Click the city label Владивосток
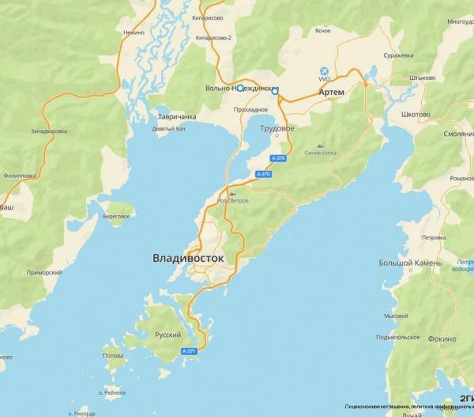coord(188,258)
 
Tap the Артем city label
coord(332,93)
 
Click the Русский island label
coord(163,335)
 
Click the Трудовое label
coord(279,128)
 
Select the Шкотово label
coord(416,114)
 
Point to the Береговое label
coord(115,215)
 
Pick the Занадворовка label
coord(49,131)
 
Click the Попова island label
coord(113,356)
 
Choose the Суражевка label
coord(399,55)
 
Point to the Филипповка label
coord(21,176)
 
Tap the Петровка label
coord(434,237)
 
